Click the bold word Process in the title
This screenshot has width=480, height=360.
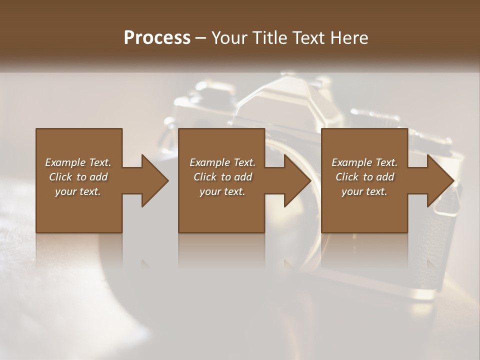point(157,38)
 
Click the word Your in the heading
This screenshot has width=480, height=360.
point(228,38)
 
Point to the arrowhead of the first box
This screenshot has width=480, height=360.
point(154,180)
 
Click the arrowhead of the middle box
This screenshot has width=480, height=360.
point(297,180)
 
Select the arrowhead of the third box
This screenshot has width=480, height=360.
point(440,180)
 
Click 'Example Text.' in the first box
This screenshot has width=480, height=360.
point(78,162)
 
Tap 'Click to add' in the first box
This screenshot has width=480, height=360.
point(78,177)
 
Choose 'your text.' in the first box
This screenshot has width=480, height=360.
point(78,191)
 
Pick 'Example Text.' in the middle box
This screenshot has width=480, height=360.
point(222,162)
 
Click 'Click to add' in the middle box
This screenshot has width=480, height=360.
point(222,177)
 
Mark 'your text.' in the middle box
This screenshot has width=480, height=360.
point(222,191)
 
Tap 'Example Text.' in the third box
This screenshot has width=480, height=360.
point(364,162)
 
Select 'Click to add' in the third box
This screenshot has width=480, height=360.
point(364,177)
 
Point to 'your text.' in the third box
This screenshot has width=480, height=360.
point(364,191)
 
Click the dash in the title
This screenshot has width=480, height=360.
point(200,38)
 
